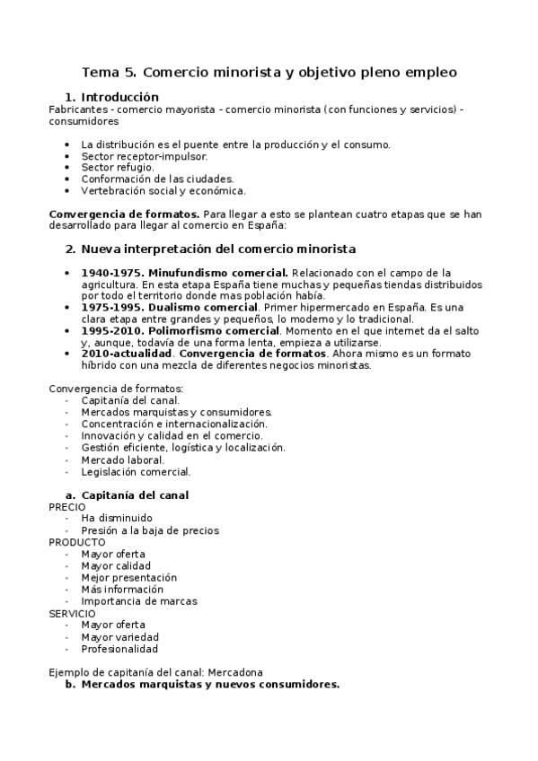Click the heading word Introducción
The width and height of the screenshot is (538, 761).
point(119,97)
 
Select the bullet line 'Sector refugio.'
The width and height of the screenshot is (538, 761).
point(117,167)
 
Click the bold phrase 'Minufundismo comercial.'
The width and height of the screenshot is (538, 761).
point(218,273)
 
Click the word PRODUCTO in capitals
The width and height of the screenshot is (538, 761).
point(76,542)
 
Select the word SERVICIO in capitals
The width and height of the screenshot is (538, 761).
point(72,613)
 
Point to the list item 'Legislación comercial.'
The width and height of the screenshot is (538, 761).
point(136,471)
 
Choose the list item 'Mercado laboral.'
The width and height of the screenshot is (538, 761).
point(122,459)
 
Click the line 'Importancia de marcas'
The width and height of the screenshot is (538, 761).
point(138,601)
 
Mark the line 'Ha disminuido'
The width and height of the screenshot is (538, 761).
point(116,519)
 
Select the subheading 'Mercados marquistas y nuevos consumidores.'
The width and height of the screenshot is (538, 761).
point(210,684)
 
